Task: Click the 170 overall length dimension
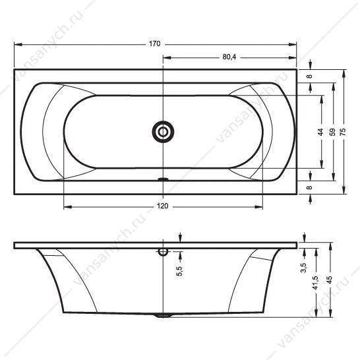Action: coord(154,44)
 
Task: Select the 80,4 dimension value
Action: coord(229,57)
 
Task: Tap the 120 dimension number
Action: coord(163,206)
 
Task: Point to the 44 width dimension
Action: coord(320,132)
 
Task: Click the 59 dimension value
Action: coord(332,132)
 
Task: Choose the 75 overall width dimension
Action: coord(343,132)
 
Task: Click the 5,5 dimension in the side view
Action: coord(180,271)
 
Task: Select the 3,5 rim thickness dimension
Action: coord(303,268)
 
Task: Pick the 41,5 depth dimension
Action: coord(315,283)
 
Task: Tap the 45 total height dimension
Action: coord(330,280)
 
